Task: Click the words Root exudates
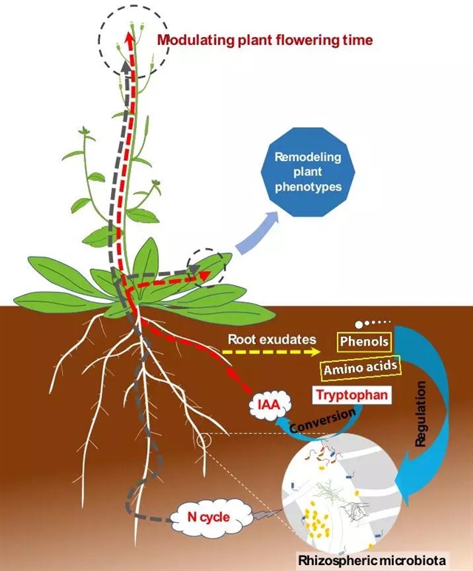271,339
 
